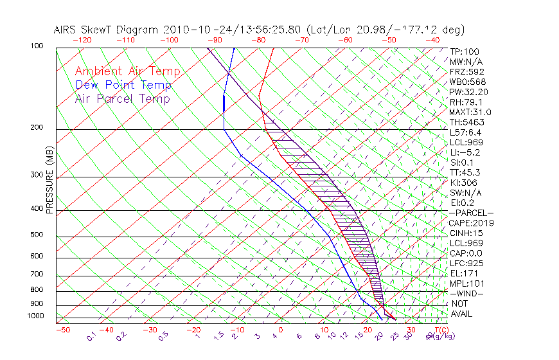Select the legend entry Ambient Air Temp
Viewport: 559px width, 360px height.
(x=127, y=72)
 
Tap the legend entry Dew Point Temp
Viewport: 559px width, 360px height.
(x=123, y=85)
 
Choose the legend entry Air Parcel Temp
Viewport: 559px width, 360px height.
(x=122, y=99)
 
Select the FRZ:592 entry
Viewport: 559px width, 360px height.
(x=466, y=72)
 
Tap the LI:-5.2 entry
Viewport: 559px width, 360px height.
(x=465, y=152)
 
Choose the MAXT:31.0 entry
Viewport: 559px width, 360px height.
(x=470, y=113)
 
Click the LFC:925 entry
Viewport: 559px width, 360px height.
(x=466, y=264)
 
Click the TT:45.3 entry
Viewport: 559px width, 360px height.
(x=465, y=172)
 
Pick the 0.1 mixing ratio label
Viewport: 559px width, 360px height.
(x=91, y=335)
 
